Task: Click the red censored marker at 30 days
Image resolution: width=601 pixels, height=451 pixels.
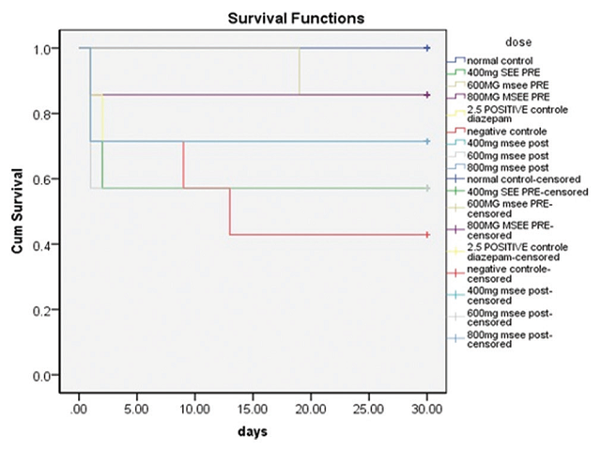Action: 427,234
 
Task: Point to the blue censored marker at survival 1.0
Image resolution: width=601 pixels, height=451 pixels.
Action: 427,48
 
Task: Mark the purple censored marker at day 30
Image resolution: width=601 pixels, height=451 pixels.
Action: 427,95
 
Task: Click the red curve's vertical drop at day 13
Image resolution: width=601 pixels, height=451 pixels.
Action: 230,211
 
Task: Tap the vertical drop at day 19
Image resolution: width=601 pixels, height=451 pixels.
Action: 300,71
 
